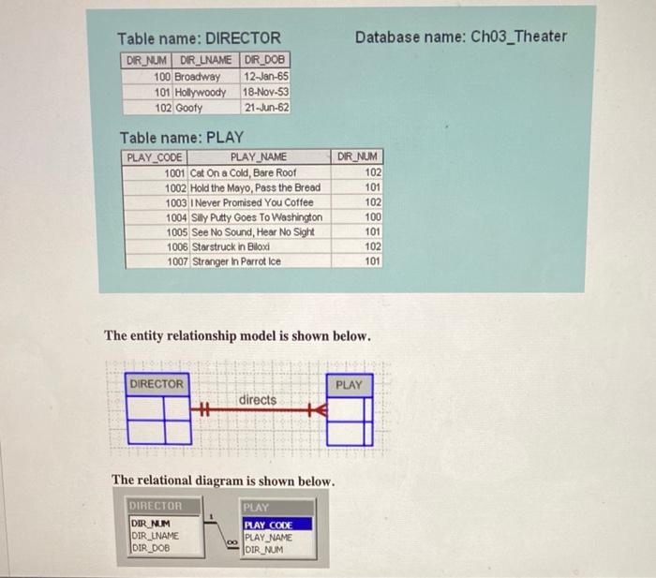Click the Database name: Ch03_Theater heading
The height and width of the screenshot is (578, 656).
tap(461, 37)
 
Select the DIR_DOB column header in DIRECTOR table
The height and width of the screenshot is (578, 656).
tap(266, 60)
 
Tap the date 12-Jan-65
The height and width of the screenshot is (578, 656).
tap(266, 76)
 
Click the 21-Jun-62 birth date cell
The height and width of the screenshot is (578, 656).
tap(266, 108)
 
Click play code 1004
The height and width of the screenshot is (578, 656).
tap(175, 217)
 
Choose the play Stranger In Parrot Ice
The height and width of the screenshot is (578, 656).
tap(235, 262)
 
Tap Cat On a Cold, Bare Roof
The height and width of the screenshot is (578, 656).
tap(243, 172)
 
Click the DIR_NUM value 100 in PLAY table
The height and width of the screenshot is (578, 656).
tap(372, 217)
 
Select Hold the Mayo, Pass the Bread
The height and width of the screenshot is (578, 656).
tap(255, 187)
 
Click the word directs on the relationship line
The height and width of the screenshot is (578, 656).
tap(258, 400)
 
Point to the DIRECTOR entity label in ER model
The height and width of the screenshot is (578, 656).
tap(157, 384)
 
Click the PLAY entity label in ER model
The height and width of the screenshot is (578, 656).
tap(349, 384)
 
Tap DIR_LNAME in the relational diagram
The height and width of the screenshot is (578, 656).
tap(155, 536)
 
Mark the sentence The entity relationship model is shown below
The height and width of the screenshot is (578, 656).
tap(237, 335)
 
